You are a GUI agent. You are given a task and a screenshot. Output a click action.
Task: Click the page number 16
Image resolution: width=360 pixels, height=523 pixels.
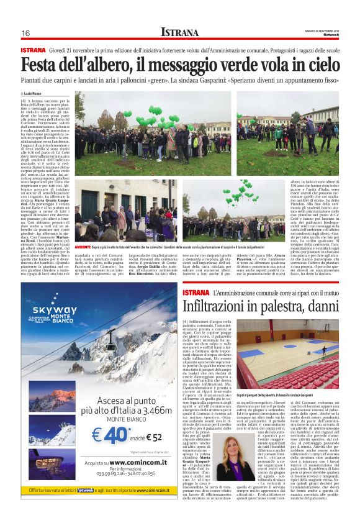26,33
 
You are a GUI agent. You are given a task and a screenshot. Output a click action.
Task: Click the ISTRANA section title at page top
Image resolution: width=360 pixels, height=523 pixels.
179,32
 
